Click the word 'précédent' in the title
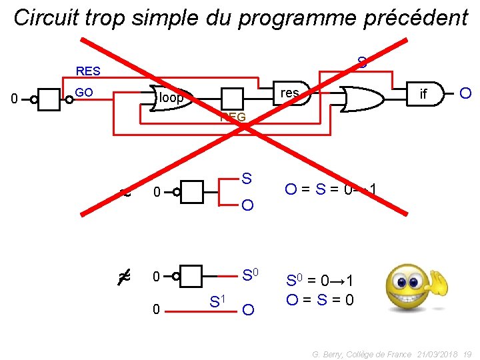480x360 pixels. [416, 18]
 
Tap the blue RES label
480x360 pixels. [88, 71]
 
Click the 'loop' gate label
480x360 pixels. [172, 99]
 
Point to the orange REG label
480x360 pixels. [233, 118]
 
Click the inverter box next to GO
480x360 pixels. [51, 99]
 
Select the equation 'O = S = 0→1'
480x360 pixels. [331, 191]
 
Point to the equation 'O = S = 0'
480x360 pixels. [320, 300]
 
